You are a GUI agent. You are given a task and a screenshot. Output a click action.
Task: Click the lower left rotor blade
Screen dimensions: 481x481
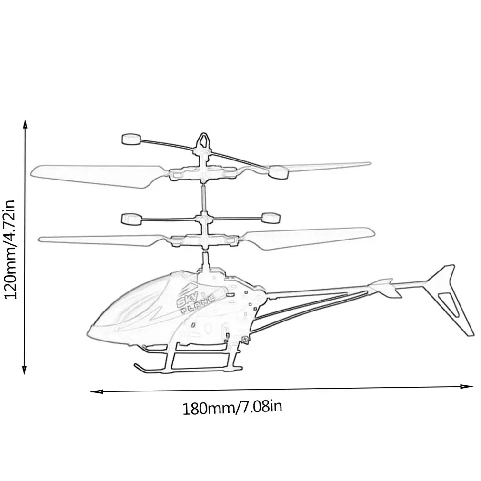click(95, 240)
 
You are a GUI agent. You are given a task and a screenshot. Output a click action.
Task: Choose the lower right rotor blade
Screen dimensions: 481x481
click(310, 237)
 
